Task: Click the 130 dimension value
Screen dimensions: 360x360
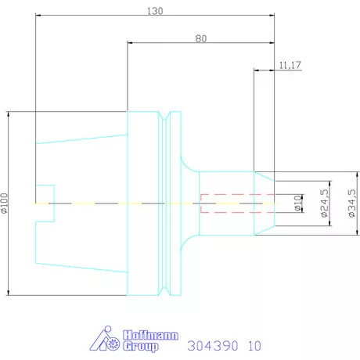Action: [x=155, y=11]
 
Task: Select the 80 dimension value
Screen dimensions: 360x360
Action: [x=201, y=38]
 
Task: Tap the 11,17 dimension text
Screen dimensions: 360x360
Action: [x=290, y=65]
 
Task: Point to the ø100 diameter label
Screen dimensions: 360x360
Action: [x=5, y=203]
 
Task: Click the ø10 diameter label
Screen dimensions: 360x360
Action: [x=297, y=203]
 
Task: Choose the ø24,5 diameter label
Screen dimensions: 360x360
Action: [x=324, y=203]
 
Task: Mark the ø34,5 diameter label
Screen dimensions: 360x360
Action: [x=352, y=203]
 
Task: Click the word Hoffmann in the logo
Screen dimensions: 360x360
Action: [x=150, y=335]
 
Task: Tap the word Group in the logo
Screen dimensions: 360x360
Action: [x=141, y=346]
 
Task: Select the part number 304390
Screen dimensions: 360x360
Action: [x=213, y=346]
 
